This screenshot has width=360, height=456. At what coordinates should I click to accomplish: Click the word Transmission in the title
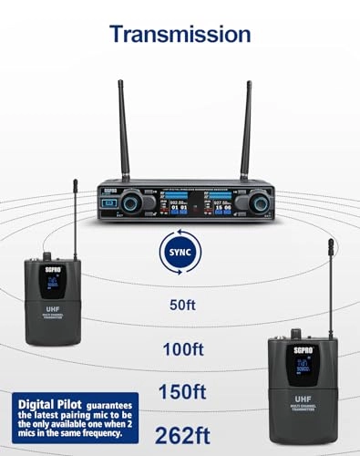(x=179, y=34)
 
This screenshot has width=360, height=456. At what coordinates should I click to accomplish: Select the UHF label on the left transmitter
(x=52, y=310)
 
